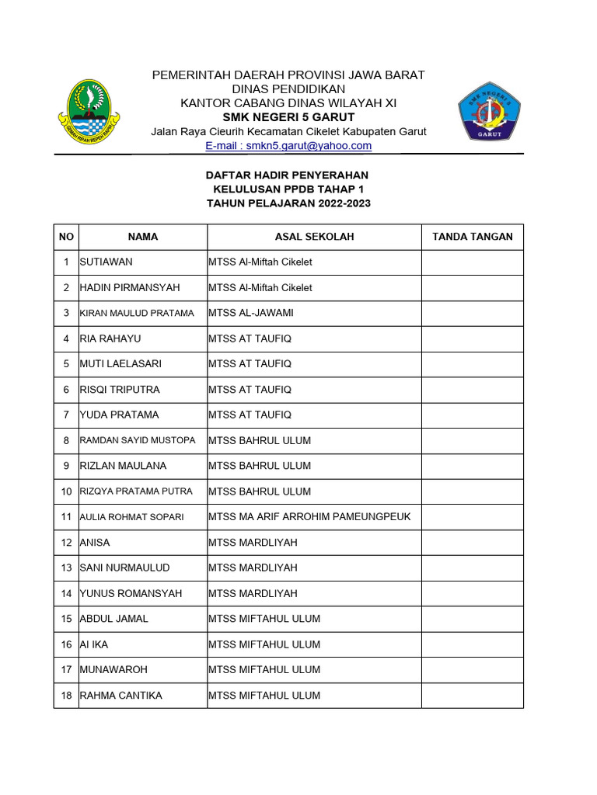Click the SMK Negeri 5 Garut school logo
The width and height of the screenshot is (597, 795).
point(489,111)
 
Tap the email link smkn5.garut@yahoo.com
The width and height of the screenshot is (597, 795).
point(288,145)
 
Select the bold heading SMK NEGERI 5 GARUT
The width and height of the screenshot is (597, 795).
point(288,117)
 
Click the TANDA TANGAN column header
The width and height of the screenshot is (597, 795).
point(472,237)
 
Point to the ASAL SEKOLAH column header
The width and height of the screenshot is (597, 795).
point(314,237)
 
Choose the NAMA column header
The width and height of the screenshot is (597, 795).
point(143,237)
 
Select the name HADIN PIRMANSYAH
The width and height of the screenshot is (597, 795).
point(130,288)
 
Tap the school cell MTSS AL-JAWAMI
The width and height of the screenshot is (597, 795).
point(250,314)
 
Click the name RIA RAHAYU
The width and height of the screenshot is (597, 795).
point(111,339)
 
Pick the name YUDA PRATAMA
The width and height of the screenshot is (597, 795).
point(119,415)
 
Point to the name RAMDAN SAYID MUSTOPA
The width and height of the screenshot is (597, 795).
point(138,441)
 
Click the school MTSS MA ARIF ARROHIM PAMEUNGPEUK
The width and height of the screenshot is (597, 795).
point(309,517)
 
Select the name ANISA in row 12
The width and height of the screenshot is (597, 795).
point(96,543)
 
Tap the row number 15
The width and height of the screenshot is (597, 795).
point(66,619)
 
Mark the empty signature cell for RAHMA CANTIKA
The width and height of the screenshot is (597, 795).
point(472,696)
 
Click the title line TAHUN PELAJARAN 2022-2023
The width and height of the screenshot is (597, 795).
point(288,203)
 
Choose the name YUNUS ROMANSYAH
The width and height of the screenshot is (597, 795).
point(131,594)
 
